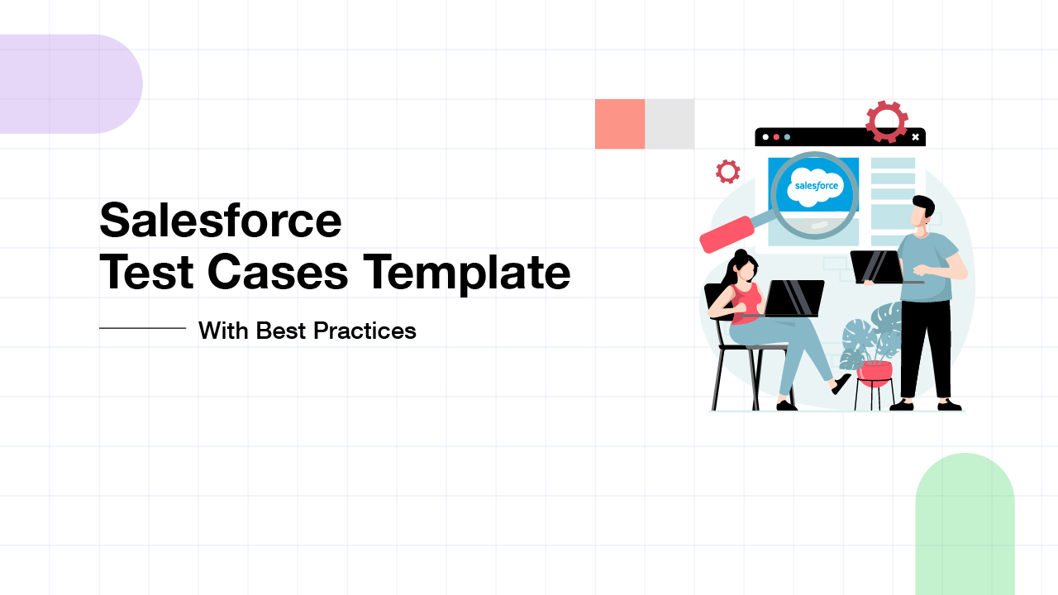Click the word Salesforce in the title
pyautogui.click(x=220, y=221)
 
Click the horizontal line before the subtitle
pyautogui.click(x=142, y=328)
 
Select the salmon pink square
pyautogui.click(x=620, y=124)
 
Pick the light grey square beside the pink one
pyautogui.click(x=670, y=124)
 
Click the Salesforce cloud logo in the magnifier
pyautogui.click(x=816, y=185)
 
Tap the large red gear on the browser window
pyautogui.click(x=887, y=121)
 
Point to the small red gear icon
pyautogui.click(x=727, y=171)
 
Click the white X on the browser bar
pyautogui.click(x=915, y=137)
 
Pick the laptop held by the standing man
pyautogui.click(x=875, y=267)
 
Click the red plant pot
pyautogui.click(x=874, y=373)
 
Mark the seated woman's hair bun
pyautogui.click(x=741, y=255)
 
